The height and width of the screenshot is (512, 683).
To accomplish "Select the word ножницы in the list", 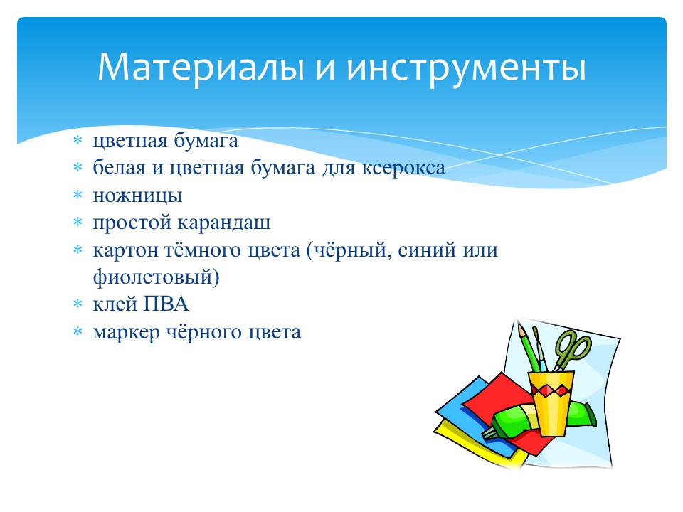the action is point(137,196).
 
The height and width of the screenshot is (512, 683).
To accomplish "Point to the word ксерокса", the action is point(403,168).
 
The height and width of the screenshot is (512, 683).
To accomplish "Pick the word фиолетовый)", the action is point(156,277).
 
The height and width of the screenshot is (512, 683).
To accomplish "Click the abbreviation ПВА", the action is point(166,304).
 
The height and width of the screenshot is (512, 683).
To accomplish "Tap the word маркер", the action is point(127,333).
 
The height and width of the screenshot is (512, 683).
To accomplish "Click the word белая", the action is point(119,168).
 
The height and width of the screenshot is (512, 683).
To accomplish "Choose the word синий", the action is point(419,250).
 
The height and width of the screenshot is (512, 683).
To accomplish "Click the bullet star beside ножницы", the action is point(78,195).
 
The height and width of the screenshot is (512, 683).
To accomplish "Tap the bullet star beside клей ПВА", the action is point(78,304).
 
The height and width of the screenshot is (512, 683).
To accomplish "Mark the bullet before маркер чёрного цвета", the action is point(78,331).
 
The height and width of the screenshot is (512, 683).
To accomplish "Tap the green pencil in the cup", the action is point(529,348).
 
